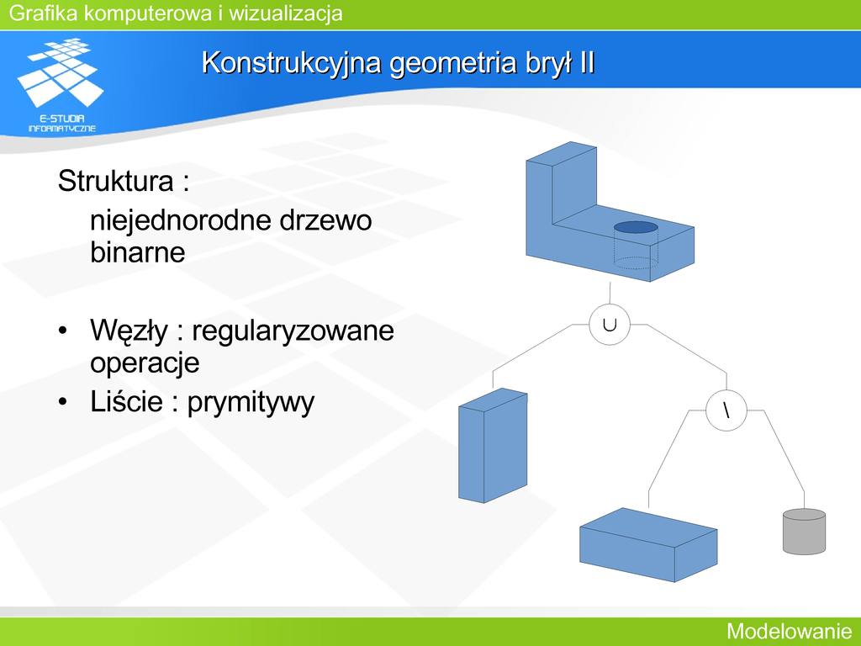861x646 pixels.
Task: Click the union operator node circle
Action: tap(610, 325)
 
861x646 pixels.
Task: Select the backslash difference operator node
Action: tap(726, 410)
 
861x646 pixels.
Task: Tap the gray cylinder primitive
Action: tap(804, 532)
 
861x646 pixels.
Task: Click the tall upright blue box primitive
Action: tap(493, 446)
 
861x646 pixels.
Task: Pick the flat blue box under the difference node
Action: tap(648, 545)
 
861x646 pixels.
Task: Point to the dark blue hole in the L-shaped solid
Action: tap(636, 227)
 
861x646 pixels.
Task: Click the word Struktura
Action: tap(115, 181)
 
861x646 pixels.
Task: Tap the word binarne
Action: tap(137, 252)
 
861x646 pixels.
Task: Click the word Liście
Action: tap(126, 401)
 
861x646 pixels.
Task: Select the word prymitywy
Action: tap(251, 403)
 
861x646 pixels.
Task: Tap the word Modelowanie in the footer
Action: tap(790, 631)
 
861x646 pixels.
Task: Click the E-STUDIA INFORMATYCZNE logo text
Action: tap(62, 123)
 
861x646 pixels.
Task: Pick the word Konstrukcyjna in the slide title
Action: tap(292, 63)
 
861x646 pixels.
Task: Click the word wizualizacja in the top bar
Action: tap(286, 13)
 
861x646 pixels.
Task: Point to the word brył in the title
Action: tap(550, 63)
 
